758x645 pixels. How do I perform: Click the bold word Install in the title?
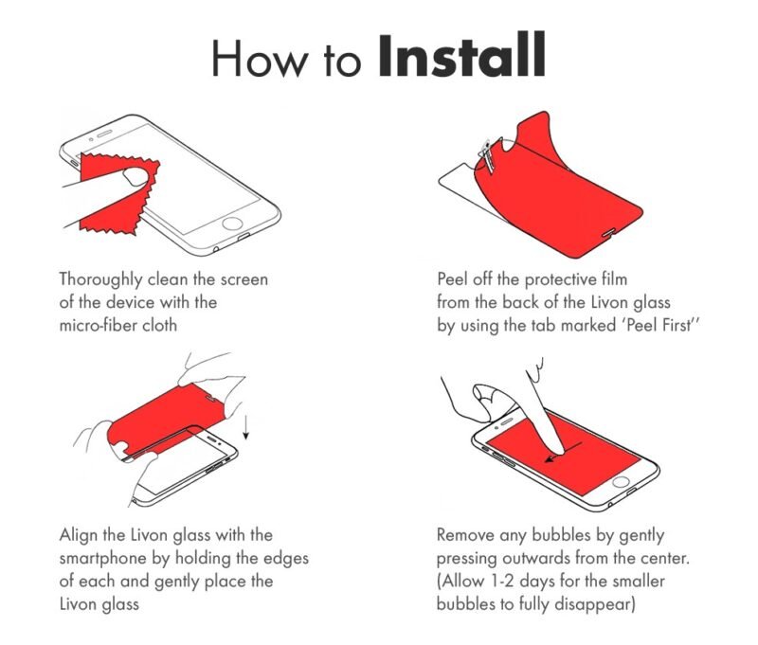[x=461, y=55]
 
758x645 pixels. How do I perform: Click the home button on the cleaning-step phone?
[x=232, y=224]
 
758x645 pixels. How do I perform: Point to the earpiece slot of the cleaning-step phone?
[x=104, y=133]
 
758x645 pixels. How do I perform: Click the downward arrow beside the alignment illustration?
[x=245, y=428]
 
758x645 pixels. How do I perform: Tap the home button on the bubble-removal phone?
[x=621, y=482]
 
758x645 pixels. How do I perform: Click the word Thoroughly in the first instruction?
[x=100, y=279]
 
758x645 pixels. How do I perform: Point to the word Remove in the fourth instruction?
[x=465, y=535]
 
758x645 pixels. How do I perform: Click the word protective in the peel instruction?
[x=561, y=279]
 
